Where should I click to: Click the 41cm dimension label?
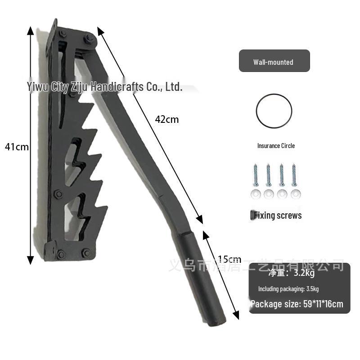click(x=17, y=147)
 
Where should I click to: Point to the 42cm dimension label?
click(x=166, y=119)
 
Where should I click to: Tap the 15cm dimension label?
click(x=229, y=259)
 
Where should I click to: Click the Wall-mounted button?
click(x=274, y=61)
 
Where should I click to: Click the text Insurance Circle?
click(x=276, y=146)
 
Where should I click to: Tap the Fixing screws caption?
click(x=277, y=215)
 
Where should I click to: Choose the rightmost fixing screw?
click(x=295, y=176)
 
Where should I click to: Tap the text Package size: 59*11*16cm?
click(x=297, y=304)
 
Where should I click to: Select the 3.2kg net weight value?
click(x=304, y=273)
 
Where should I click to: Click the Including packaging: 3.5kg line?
click(x=288, y=289)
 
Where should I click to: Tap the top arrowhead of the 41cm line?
click(x=30, y=31)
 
